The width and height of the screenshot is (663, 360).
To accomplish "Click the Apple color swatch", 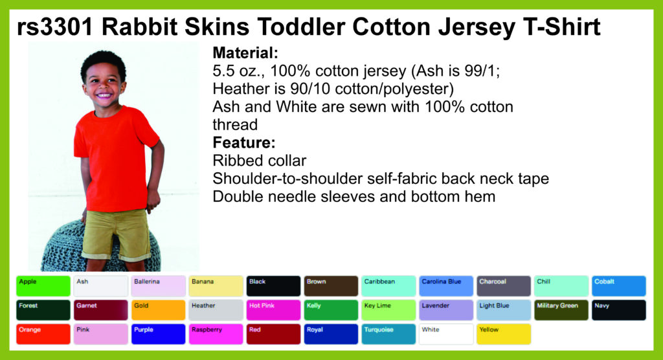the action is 43,286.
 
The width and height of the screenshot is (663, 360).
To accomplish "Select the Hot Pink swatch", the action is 273,310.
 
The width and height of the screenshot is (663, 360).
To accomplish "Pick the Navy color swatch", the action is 618,310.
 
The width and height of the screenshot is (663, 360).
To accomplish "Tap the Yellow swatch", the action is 504,334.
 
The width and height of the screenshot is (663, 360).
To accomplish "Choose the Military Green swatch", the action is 561,310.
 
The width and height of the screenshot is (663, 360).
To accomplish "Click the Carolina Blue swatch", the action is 446,286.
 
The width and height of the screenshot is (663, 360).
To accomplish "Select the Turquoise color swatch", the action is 388,334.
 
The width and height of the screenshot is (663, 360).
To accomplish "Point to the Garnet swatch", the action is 100,310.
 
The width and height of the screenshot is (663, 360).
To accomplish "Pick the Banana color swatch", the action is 216,286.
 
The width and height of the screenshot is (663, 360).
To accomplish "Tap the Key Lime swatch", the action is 388,310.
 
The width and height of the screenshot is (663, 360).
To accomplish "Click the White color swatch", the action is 446,334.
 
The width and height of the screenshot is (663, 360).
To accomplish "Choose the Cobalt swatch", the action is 618,286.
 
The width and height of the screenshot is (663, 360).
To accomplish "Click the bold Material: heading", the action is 245,53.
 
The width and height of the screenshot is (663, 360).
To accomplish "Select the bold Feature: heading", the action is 244,142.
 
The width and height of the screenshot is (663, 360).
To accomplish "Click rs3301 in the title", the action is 55,27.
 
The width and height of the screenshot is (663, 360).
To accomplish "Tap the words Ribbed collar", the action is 259,161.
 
